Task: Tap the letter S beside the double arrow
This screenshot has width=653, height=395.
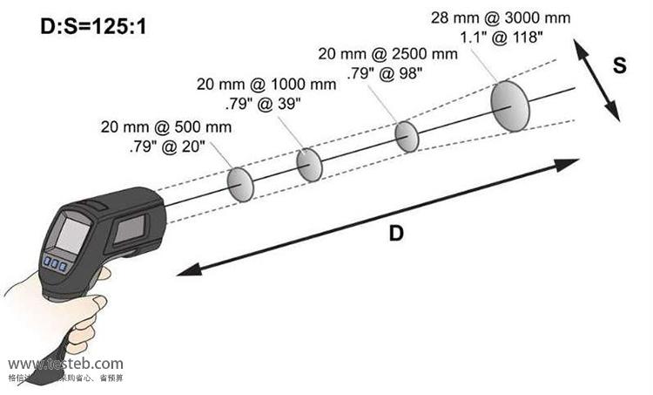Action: click(x=619, y=66)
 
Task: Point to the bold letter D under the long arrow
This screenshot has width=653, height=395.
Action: click(x=396, y=234)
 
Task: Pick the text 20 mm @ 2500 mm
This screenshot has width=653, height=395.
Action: click(x=387, y=54)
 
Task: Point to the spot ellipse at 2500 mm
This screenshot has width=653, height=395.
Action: click(x=407, y=136)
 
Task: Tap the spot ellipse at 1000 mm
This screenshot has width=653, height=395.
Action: click(x=310, y=164)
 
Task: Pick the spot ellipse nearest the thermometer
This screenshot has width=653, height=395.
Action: click(x=241, y=183)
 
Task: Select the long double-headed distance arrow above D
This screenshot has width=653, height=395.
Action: click(x=378, y=216)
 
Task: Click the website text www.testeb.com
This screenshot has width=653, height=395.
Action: click(x=65, y=364)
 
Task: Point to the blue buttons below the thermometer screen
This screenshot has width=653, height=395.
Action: click(x=55, y=263)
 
